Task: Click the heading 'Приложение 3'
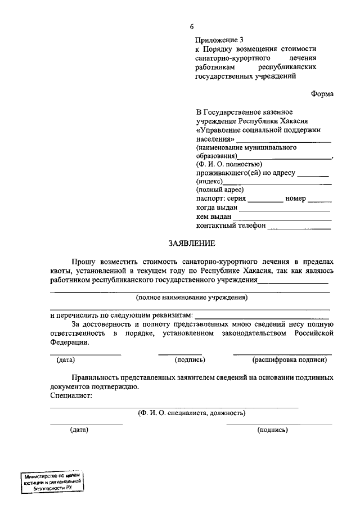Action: tap(220, 40)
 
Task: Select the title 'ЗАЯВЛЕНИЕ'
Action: tap(191, 244)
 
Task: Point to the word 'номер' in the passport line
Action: tap(295, 199)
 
